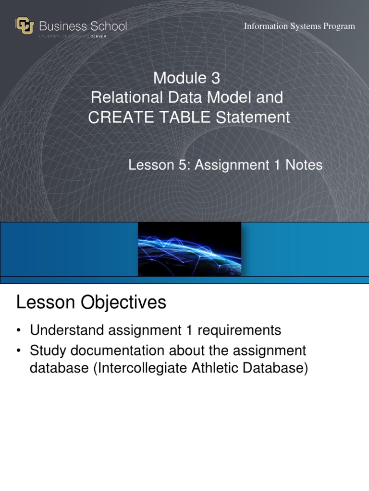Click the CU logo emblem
click(25, 26)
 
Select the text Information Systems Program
click(299, 26)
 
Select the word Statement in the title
click(253, 117)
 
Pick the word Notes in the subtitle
click(304, 165)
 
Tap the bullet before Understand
click(19, 330)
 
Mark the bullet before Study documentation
click(19, 351)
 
